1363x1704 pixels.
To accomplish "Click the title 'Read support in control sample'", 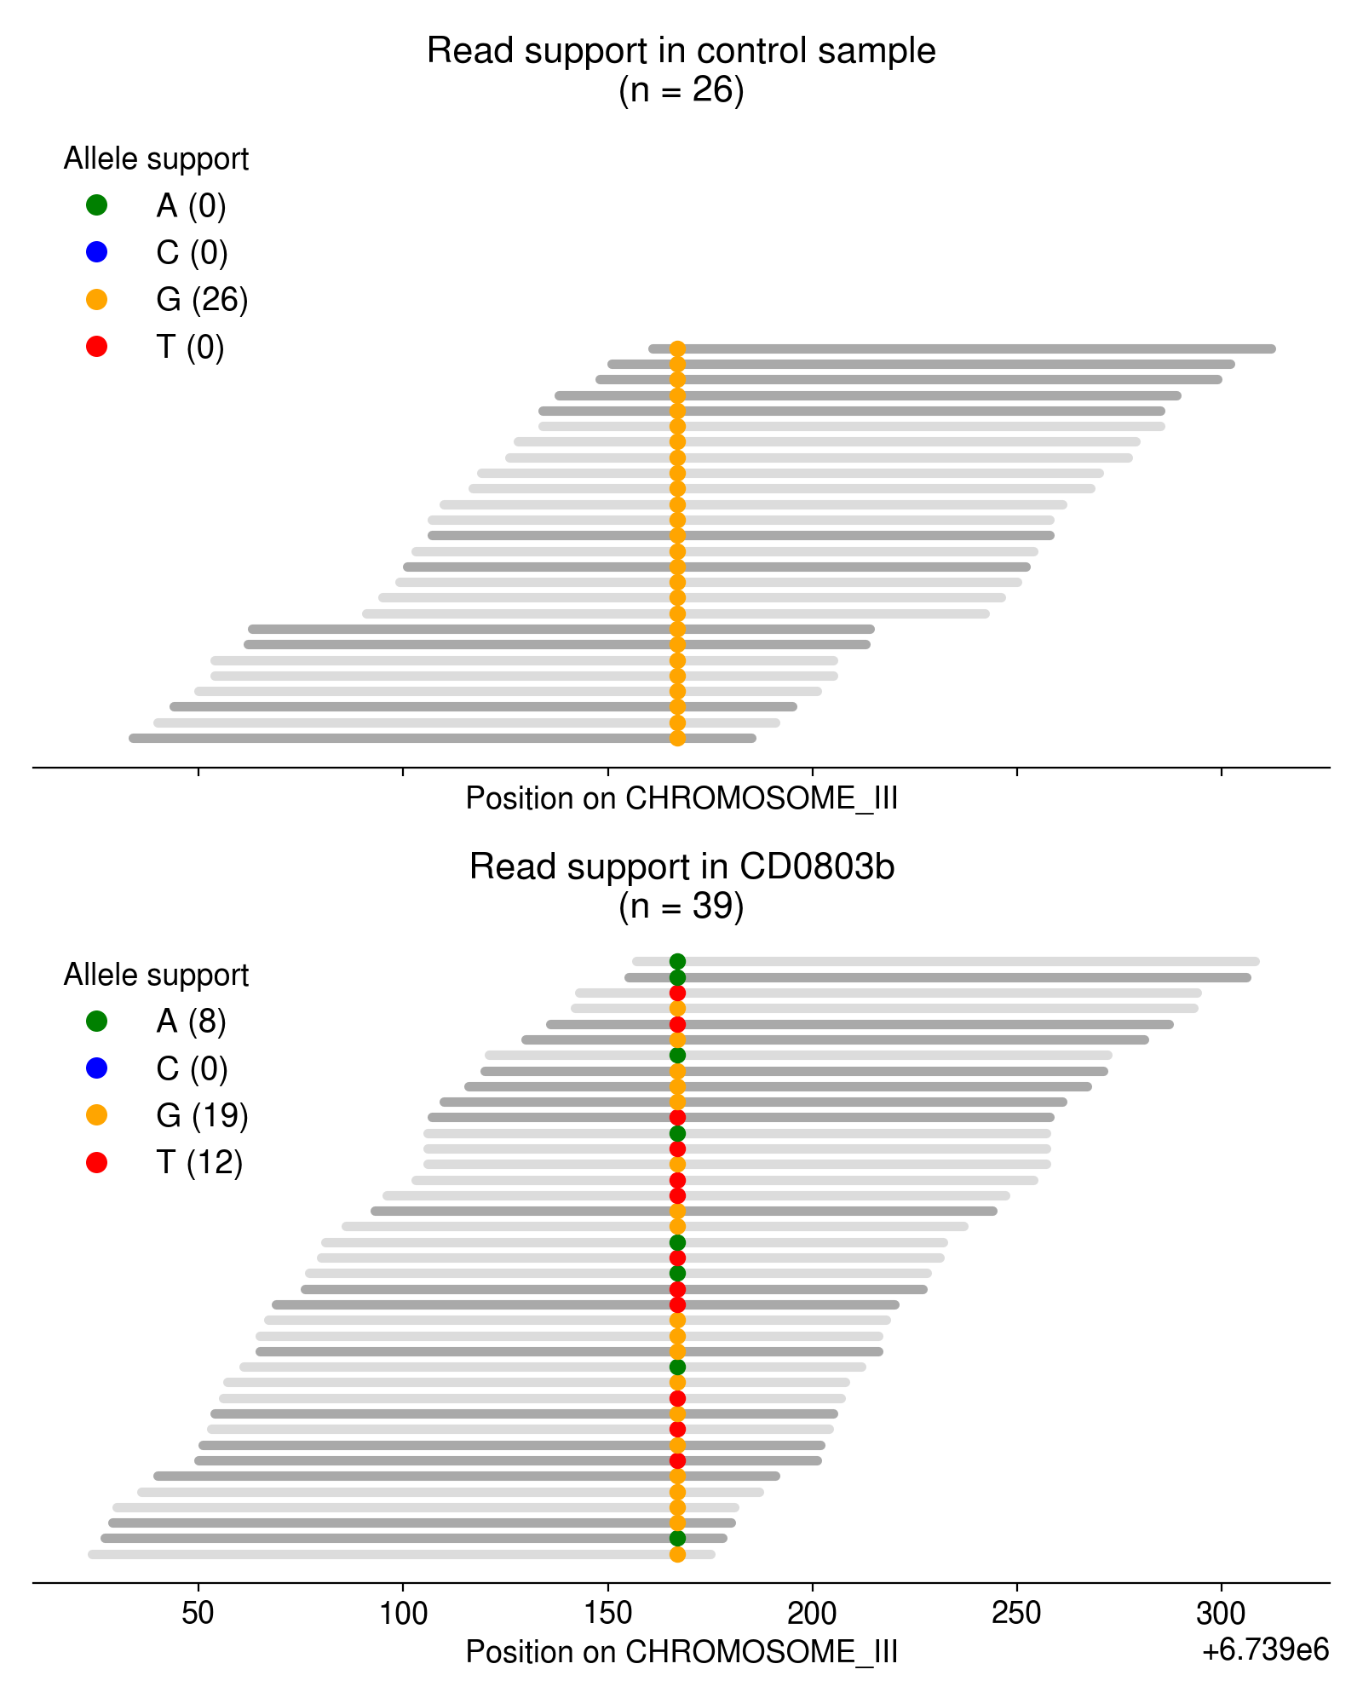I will tap(681, 51).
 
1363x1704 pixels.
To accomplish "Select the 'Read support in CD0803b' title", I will tap(681, 866).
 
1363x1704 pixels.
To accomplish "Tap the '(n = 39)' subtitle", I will tap(681, 906).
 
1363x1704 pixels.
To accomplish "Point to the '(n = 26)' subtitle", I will tap(681, 89).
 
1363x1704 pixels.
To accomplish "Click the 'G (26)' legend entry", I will tap(202, 300).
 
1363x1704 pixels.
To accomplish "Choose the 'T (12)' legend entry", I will tap(199, 1162).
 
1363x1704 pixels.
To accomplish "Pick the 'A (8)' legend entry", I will tap(191, 1022).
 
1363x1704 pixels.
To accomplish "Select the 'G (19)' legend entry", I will tap(202, 1115).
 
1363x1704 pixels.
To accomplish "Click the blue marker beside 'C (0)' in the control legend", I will tap(97, 252).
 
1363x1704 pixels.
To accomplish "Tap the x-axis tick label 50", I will tap(198, 1613).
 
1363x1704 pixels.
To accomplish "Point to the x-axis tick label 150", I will tap(607, 1613).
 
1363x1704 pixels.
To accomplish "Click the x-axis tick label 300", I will tap(1221, 1613).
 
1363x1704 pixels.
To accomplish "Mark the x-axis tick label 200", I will tap(812, 1613).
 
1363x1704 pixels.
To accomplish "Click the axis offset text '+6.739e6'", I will tap(1265, 1650).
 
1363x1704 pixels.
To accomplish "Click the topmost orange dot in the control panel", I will tap(677, 348).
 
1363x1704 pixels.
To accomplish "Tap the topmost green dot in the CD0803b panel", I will tap(677, 962).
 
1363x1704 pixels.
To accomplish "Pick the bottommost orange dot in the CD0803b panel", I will tap(677, 1554).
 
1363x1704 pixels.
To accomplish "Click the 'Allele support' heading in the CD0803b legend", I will tap(156, 975).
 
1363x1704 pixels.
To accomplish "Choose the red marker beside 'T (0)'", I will tap(97, 347).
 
